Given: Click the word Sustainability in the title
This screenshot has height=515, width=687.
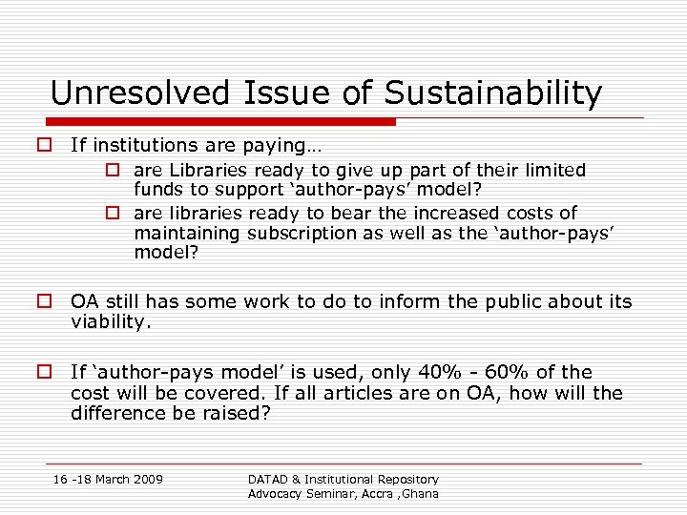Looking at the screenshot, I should (493, 93).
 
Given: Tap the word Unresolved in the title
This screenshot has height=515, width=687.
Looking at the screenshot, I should (138, 93).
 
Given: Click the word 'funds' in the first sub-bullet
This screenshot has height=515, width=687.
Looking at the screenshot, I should (159, 190).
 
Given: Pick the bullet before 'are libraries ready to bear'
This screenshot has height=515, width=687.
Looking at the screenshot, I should (112, 213).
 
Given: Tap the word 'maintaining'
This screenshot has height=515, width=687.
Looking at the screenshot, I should (187, 233).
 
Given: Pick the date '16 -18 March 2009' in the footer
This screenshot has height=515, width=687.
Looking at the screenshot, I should (108, 478).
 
